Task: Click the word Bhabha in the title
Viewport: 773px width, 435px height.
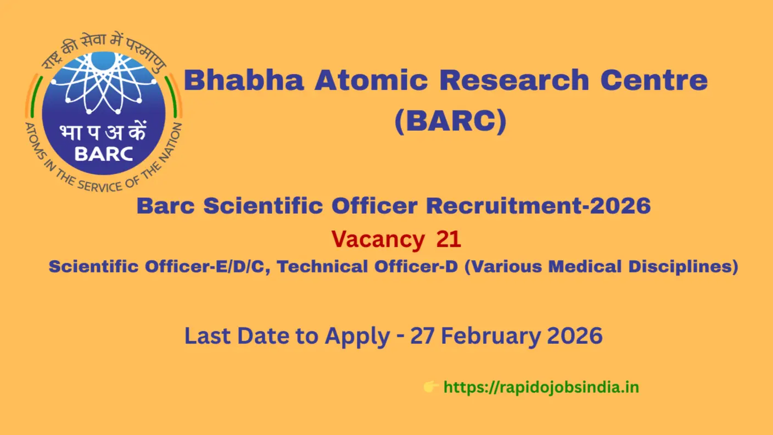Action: (244, 80)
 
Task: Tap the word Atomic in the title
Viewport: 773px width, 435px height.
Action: (371, 80)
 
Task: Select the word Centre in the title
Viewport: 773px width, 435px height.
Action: (654, 80)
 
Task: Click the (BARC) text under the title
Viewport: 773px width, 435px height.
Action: (451, 121)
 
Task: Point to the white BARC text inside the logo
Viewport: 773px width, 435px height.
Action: (104, 154)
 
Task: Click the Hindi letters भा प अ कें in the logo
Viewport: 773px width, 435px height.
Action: (103, 131)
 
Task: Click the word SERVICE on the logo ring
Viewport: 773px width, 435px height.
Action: (100, 186)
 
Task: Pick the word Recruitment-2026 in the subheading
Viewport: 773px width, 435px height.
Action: (539, 206)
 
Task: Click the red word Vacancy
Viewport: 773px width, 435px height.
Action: (378, 239)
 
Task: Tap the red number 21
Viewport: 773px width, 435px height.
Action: (449, 239)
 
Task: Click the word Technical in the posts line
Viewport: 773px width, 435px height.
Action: (322, 266)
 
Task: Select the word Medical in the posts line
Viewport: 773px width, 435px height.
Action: (585, 266)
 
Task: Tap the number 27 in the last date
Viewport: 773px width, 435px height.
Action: (422, 336)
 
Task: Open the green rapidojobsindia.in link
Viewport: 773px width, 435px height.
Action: (541, 387)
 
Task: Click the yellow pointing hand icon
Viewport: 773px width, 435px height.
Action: (431, 387)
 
